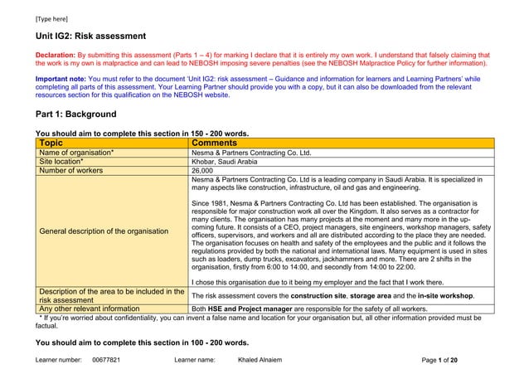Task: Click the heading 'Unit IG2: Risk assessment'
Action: (x=90, y=36)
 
